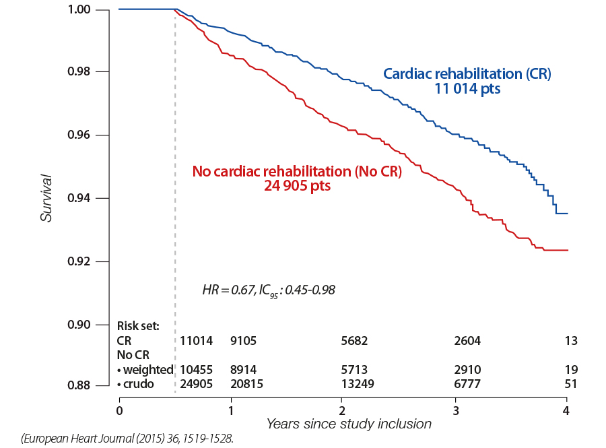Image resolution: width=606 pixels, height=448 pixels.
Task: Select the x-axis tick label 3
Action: click(455, 410)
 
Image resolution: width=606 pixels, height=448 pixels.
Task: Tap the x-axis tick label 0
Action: click(119, 410)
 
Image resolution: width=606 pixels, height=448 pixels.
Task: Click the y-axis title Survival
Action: click(46, 198)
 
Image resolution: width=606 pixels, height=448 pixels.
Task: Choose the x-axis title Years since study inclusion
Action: click(349, 424)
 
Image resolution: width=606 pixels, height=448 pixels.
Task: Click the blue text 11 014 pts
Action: click(467, 88)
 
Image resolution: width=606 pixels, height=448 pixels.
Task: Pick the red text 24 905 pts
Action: click(297, 186)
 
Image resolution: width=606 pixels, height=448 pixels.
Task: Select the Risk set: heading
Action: click(138, 326)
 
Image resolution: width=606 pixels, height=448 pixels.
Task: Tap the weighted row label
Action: click(145, 369)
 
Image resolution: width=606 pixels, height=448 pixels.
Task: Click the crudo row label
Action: click(138, 384)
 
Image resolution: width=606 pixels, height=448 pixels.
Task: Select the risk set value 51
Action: click(572, 384)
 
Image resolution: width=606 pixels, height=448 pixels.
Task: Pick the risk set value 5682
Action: click(355, 341)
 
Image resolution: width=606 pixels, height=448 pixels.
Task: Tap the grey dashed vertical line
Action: click(175, 202)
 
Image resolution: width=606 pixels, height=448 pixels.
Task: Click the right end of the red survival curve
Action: click(568, 250)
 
